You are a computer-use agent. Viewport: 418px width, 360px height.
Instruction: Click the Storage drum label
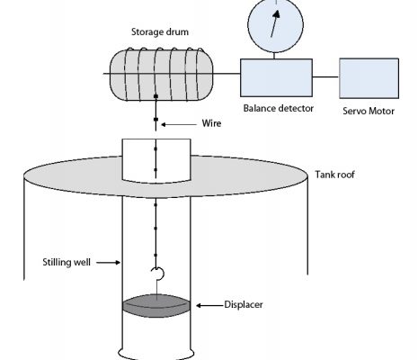click(160, 31)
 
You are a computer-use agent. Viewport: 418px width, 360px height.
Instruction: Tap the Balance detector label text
click(279, 108)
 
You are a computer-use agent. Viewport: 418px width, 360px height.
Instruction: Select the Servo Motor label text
click(369, 111)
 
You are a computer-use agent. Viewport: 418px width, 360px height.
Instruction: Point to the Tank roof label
click(334, 175)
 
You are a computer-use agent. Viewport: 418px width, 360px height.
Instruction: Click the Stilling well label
click(67, 262)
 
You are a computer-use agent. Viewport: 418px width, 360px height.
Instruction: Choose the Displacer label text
click(244, 305)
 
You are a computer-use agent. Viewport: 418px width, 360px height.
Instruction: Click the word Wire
click(211, 123)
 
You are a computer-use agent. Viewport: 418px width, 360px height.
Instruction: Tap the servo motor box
click(369, 78)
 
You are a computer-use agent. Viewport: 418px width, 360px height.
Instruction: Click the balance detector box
click(276, 77)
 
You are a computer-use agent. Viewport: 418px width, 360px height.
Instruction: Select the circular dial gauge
click(276, 25)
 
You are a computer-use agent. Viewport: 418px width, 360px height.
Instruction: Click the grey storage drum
click(162, 75)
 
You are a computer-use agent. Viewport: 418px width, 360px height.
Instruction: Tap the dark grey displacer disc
click(156, 306)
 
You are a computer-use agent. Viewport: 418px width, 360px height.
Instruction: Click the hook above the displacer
click(157, 274)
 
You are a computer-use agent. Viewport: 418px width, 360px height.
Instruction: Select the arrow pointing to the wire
click(179, 124)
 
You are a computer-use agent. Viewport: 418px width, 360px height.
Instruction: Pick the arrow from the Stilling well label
click(108, 263)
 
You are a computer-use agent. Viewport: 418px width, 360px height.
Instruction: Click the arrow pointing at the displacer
click(209, 305)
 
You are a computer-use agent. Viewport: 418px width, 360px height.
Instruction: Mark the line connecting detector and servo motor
click(325, 77)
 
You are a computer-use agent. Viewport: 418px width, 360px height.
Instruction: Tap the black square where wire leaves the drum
click(156, 96)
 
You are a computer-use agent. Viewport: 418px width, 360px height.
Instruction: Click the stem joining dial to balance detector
click(274, 56)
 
